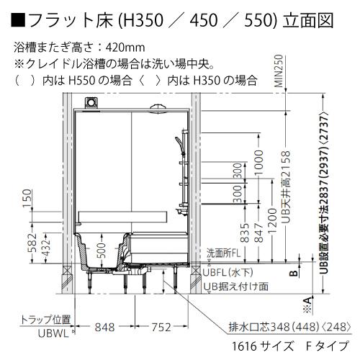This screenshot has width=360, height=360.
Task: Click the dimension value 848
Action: click(x=105, y=326)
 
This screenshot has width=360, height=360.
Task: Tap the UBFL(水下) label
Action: click(x=233, y=273)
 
